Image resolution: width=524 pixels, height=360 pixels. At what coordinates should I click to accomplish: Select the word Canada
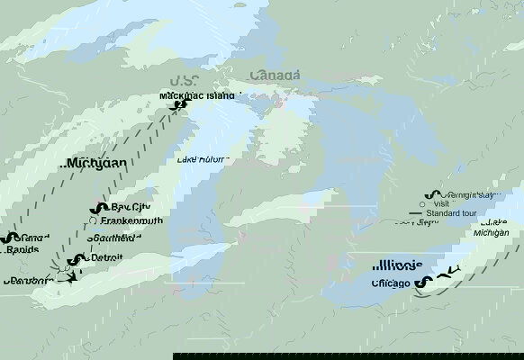276,75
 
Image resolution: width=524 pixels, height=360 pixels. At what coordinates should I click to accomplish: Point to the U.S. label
185,81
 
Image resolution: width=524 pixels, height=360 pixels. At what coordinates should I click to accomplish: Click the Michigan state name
95,164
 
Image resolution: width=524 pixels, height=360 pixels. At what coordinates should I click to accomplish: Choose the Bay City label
129,205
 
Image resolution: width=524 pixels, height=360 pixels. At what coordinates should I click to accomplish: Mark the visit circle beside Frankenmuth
93,220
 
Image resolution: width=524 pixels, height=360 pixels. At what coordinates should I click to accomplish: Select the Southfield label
114,238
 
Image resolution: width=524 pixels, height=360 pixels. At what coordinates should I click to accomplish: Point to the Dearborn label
26,280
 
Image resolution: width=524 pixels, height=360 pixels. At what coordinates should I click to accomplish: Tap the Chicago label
391,283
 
